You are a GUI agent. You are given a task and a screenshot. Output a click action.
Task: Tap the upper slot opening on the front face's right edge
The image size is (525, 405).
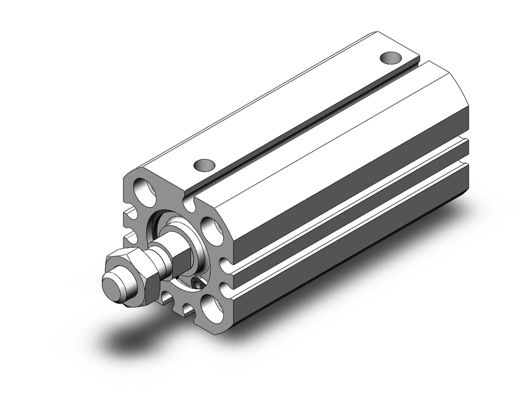[224, 262]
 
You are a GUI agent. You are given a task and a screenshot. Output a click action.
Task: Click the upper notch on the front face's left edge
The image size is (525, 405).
[129, 213]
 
